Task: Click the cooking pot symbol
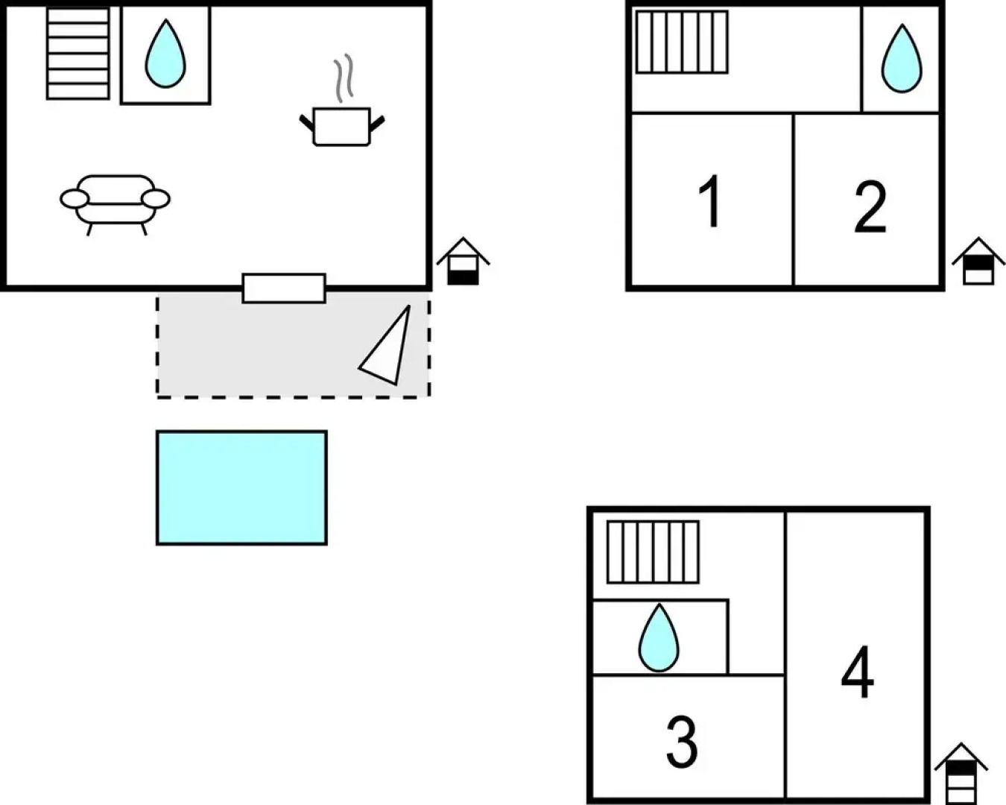click(342, 127)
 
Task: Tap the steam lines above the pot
click(343, 80)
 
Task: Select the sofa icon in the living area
click(116, 200)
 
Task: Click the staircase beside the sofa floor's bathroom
click(77, 53)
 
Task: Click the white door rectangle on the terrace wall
click(284, 288)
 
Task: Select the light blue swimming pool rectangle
click(241, 487)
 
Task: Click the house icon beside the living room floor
click(463, 261)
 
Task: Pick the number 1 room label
click(711, 201)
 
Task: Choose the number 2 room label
click(870, 206)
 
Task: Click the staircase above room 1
click(681, 42)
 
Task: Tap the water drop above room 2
click(902, 59)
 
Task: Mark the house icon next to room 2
click(978, 262)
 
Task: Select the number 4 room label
click(858, 672)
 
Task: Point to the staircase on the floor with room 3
click(653, 552)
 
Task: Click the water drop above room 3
click(659, 638)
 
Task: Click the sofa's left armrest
click(75, 199)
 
